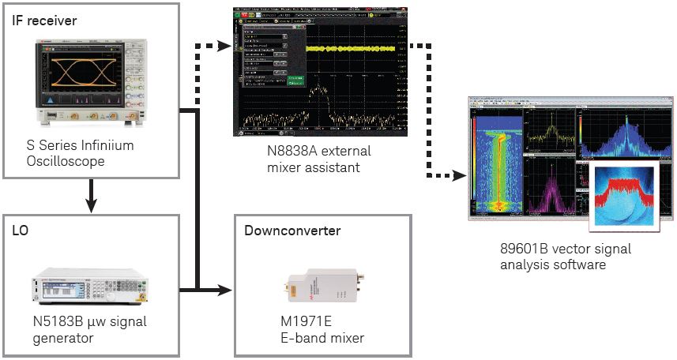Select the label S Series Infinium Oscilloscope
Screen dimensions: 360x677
point(80,153)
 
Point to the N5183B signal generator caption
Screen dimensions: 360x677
point(85,330)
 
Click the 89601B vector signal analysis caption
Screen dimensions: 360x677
point(565,257)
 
